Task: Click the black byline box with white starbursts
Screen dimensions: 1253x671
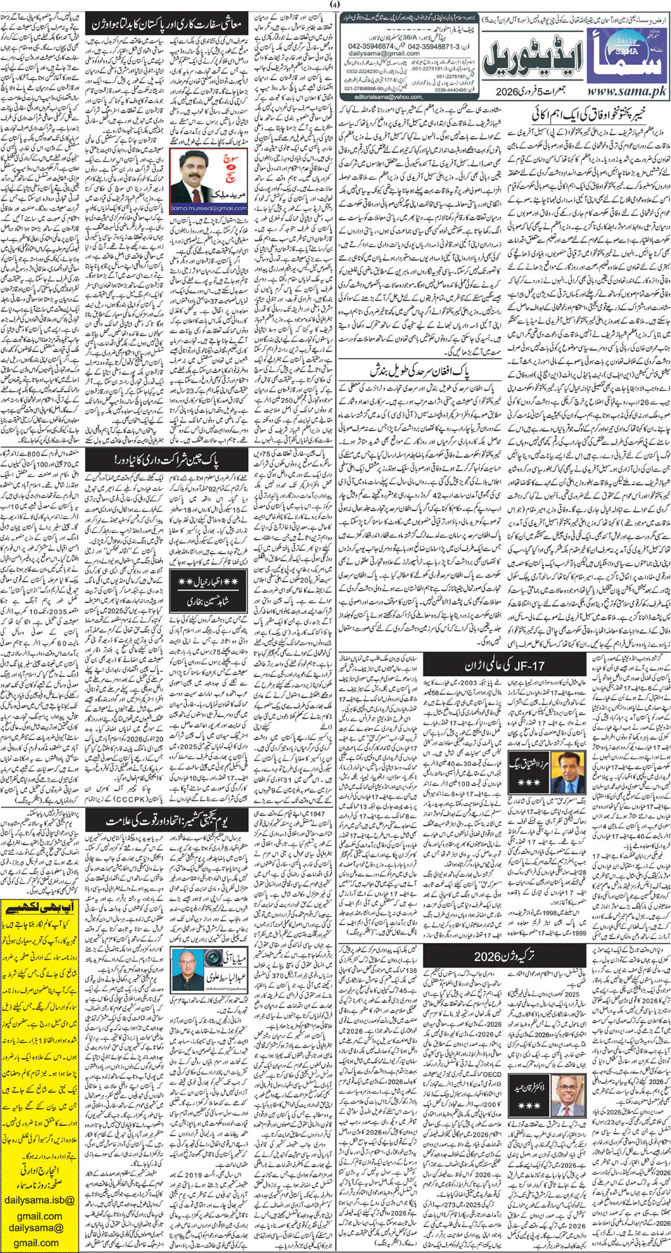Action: [x=208, y=590]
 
